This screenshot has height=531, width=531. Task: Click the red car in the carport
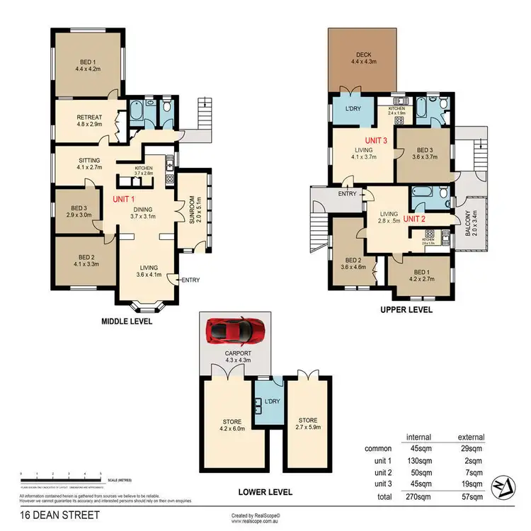pyautogui.click(x=234, y=331)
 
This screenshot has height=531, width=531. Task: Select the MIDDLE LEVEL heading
pyautogui.click(x=128, y=321)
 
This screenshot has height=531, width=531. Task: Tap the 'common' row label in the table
pyautogui.click(x=377, y=449)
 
